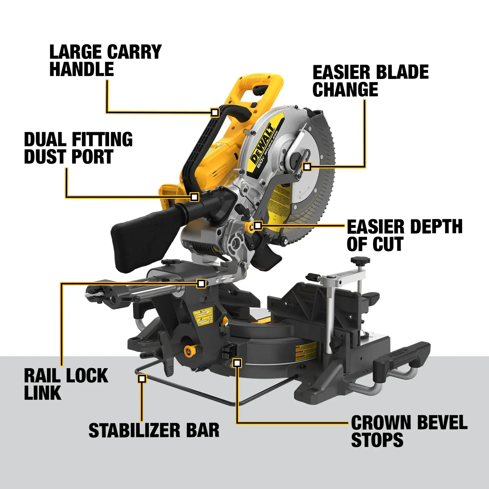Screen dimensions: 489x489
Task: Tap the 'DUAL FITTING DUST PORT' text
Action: point(78,148)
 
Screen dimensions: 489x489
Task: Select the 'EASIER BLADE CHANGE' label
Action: point(370,81)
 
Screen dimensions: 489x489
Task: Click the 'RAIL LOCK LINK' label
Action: point(66,384)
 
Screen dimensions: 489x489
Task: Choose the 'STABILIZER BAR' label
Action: point(154,430)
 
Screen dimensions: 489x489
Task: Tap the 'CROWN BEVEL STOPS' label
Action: point(409,431)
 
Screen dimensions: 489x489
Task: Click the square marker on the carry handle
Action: point(215,112)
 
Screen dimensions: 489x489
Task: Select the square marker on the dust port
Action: point(194,197)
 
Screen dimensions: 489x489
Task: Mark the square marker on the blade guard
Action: point(307,167)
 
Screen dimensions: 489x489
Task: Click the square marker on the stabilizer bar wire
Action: point(142,379)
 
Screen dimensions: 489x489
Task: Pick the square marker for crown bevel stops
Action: point(238,363)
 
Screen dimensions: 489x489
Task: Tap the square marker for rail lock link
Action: point(201,283)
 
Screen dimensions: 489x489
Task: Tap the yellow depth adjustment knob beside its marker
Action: point(249,227)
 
